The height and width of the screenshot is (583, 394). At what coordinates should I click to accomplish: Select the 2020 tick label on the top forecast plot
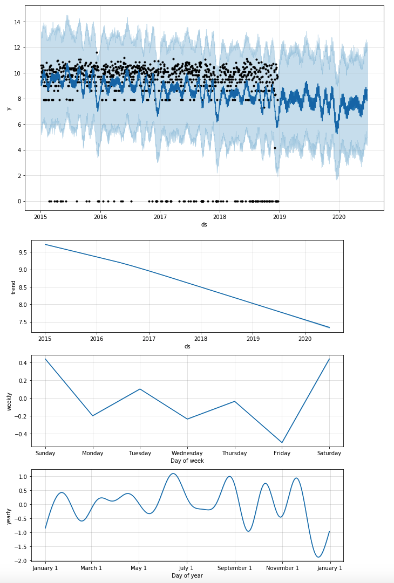tap(339, 217)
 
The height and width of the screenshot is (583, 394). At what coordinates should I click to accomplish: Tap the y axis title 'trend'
tap(14, 287)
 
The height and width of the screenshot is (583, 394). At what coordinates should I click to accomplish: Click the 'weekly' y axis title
tap(9, 401)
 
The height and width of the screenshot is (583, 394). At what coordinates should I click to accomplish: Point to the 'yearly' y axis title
tap(9, 516)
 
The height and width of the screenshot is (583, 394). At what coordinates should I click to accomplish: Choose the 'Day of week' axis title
tap(187, 461)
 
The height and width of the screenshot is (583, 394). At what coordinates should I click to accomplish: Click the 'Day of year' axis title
tap(187, 575)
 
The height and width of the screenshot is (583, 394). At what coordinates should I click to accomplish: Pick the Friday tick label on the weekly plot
tap(282, 453)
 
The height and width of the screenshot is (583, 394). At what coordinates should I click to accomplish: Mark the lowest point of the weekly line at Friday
tap(282, 443)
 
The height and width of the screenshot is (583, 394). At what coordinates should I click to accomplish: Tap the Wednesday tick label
tap(187, 453)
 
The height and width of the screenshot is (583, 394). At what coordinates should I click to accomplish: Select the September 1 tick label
tap(234, 568)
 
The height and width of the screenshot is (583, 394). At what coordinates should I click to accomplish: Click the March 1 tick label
tap(91, 568)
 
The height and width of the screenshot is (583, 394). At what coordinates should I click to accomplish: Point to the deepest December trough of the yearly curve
tap(318, 557)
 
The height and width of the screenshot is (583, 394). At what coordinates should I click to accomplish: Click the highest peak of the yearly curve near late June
tap(173, 474)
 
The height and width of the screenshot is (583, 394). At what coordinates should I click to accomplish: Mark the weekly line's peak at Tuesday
tap(140, 389)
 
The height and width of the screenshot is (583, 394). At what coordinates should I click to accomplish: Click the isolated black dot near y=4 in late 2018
tap(275, 148)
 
